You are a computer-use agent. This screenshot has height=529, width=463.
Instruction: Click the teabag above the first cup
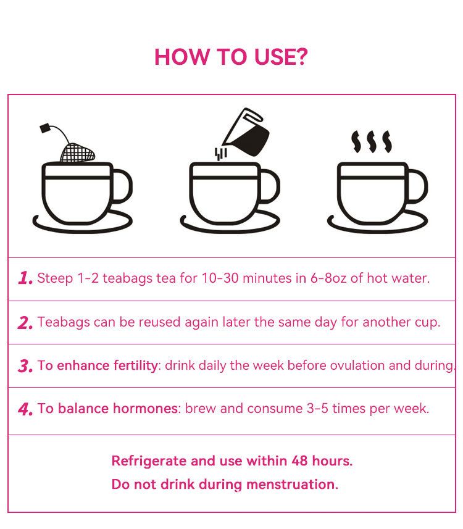[77, 152]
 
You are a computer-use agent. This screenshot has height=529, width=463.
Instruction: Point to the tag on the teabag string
[45, 128]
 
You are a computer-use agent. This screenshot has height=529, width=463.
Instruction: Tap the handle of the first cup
[122, 186]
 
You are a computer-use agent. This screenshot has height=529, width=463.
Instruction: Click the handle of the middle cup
[269, 186]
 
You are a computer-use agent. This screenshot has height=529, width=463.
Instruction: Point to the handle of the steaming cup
[417, 186]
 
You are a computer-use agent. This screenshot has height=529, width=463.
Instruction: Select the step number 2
[25, 323]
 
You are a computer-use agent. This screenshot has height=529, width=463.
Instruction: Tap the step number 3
[25, 366]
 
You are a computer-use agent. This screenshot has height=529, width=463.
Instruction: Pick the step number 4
[25, 409]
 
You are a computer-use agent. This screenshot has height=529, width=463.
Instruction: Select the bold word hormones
[145, 409]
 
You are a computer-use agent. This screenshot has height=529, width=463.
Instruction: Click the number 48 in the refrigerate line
[299, 461]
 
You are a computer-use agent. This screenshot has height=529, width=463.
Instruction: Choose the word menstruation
[292, 485]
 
